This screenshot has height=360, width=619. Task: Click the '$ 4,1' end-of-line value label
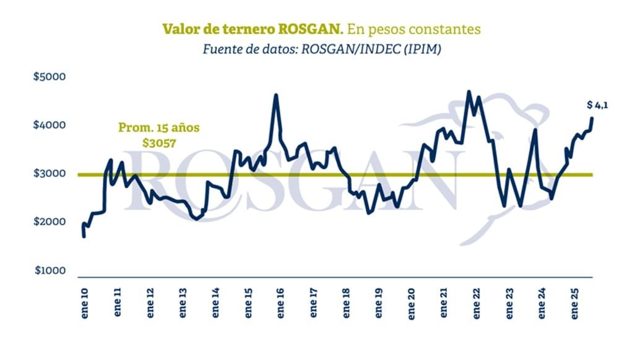pyautogui.click(x=597, y=105)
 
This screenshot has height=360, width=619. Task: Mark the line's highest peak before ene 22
pyautogui.click(x=469, y=92)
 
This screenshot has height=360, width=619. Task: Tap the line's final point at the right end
pyautogui.click(x=592, y=118)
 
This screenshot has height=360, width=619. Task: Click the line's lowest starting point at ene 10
pyautogui.click(x=84, y=236)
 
